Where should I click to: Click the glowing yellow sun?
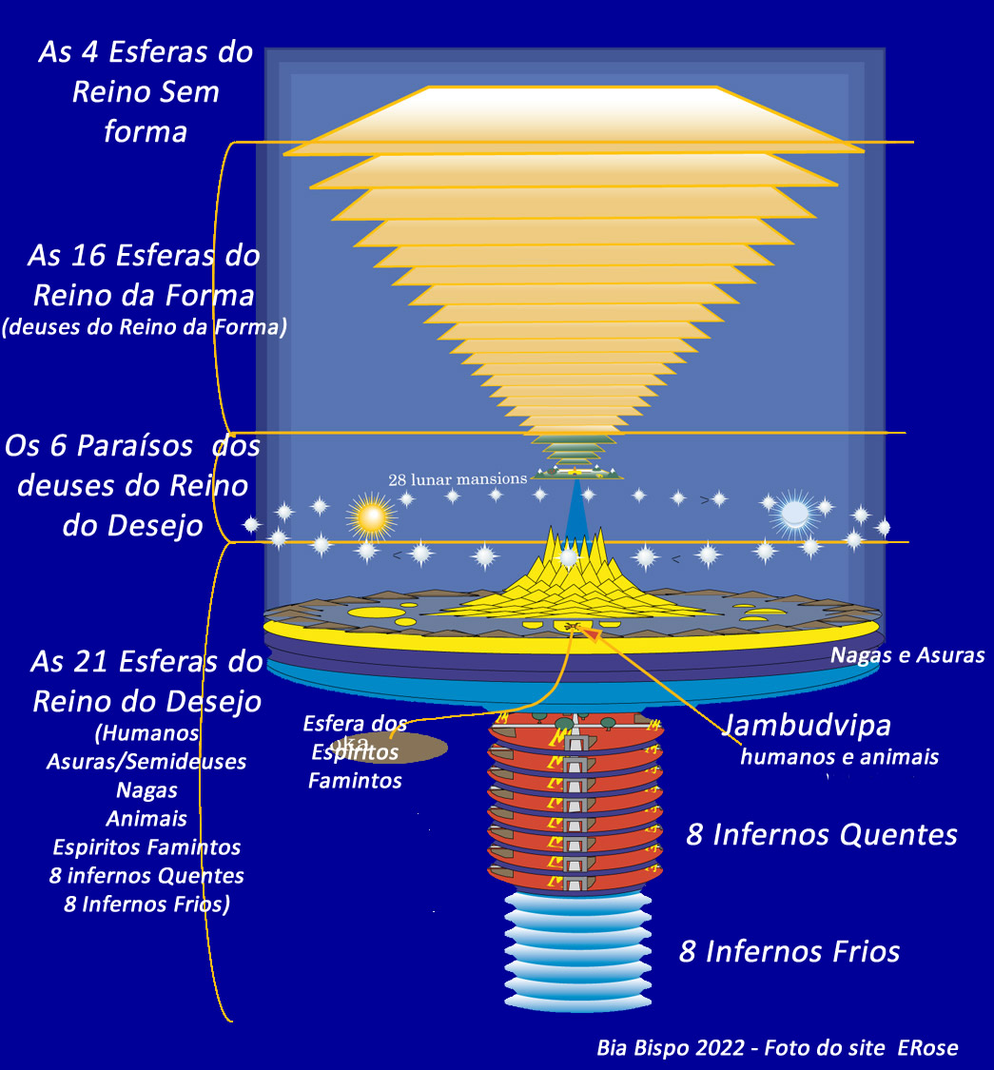point(371,516)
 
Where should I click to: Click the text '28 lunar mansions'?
point(458,479)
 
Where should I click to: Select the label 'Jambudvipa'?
point(808,725)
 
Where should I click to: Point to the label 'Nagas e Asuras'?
point(907,654)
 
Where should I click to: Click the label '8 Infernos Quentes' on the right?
point(822,834)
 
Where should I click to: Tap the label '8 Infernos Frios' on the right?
point(789,951)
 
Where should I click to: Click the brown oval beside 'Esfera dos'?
point(417,748)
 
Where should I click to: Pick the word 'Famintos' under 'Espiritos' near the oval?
point(354,781)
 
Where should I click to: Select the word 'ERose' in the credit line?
point(929,1048)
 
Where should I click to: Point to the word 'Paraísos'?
point(142,445)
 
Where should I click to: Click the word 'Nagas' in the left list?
point(146,789)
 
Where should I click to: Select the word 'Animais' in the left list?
point(146,818)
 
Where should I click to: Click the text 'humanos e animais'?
point(840,757)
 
